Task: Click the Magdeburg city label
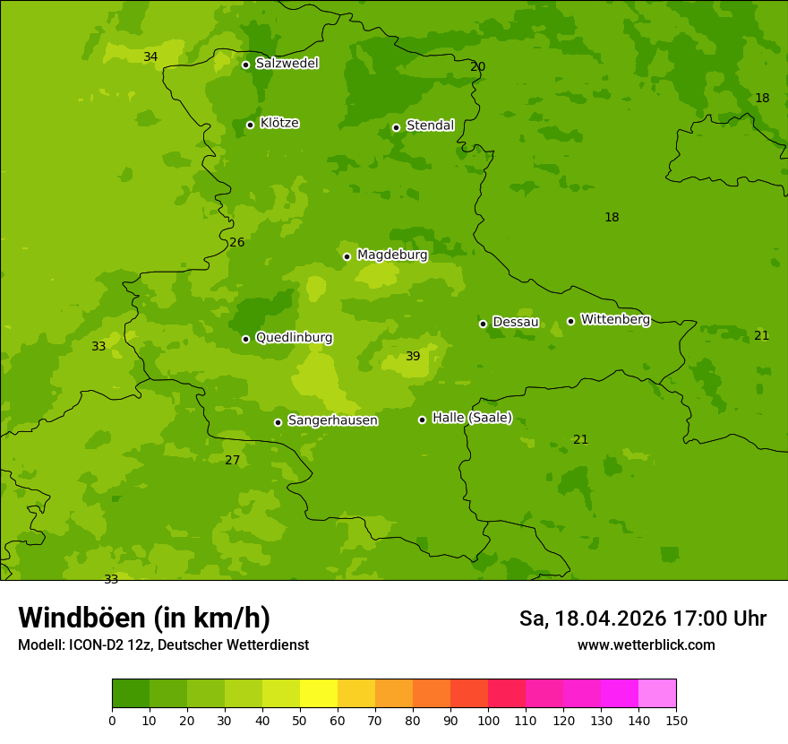pos(392,255)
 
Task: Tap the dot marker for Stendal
pos(396,127)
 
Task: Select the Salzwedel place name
pos(287,64)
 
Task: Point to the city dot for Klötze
pos(250,125)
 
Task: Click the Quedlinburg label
pos(294,338)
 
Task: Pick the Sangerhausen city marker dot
pos(278,422)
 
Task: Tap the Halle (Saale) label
pos(472,418)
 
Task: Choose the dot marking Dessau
pos(483,324)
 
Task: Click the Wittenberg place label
pos(615,319)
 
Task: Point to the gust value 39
pos(413,356)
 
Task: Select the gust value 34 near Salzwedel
pos(150,56)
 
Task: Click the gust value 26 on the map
pos(236,242)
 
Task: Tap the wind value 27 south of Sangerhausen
pos(232,460)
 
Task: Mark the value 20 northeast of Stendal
pos(478,66)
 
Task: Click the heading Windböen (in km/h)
pos(144,618)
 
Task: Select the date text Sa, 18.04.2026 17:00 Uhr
pos(642,619)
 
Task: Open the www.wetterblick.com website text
pos(646,645)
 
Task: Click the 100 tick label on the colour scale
pos(488,721)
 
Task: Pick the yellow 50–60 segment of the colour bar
pos(319,694)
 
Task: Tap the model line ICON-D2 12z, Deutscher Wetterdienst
pos(163,645)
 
